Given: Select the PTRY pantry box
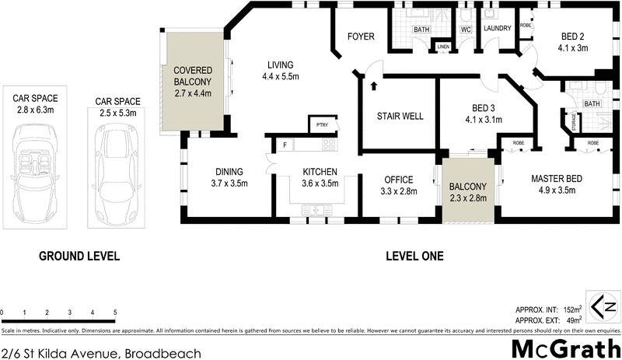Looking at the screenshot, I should click(321, 124).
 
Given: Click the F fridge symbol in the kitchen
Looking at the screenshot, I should click(285, 145).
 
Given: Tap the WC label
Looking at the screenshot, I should click(466, 30).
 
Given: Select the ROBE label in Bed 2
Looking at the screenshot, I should click(525, 23).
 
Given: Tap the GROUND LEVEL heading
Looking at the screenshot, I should click(79, 256).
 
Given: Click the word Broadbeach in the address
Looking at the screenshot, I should click(163, 353).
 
